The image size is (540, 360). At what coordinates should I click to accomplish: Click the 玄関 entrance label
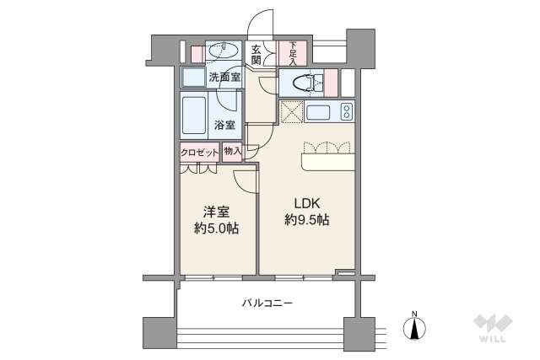(256, 56)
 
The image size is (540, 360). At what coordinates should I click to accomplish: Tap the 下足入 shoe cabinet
(293, 53)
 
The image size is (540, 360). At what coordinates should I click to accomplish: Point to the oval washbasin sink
(224, 51)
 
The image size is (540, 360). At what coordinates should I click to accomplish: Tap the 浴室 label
(224, 124)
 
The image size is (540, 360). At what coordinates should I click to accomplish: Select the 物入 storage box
(233, 152)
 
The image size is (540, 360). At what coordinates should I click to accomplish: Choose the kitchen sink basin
(321, 112)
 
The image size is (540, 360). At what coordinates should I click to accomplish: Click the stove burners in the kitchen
(346, 111)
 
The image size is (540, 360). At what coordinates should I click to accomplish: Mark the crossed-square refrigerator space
(291, 111)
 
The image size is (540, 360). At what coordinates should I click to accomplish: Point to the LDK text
(305, 203)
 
